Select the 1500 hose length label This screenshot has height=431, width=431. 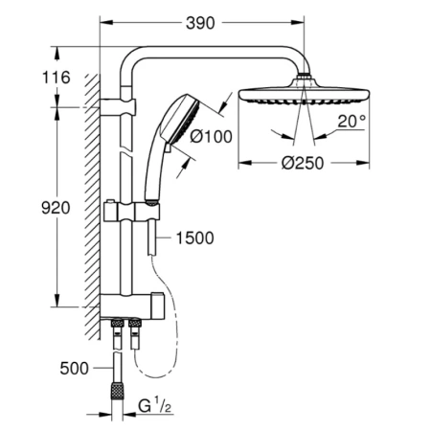point(194,238)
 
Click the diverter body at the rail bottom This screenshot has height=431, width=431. point(134,308)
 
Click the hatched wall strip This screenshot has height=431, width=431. point(94,201)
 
